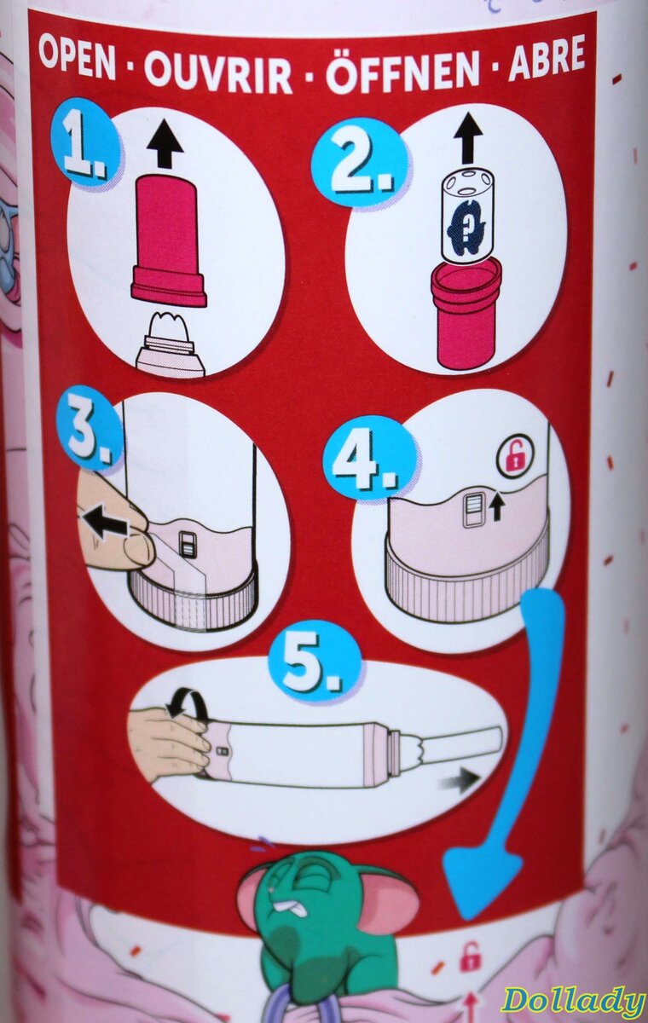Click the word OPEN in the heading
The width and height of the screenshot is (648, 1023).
77,58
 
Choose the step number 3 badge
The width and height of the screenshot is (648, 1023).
90,429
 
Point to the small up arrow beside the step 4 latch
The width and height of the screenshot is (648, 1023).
498,510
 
